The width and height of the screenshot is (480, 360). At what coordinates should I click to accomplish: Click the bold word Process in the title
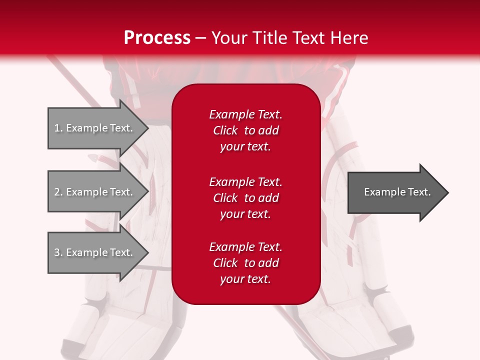(157, 38)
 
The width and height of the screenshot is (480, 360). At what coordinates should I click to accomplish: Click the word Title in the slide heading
(268, 38)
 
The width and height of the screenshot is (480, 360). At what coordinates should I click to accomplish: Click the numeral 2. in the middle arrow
(58, 192)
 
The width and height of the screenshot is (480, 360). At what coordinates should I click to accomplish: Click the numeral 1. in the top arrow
(58, 128)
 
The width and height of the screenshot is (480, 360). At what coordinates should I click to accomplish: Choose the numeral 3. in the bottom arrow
(58, 252)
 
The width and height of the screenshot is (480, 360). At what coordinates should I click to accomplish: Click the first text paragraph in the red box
(245, 130)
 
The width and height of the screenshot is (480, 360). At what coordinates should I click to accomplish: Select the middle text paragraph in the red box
(245, 198)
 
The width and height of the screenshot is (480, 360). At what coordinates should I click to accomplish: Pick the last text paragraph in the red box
(245, 263)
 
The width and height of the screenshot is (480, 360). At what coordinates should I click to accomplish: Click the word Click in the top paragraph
(225, 130)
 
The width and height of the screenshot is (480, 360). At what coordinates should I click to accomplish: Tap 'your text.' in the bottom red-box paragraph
(245, 279)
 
